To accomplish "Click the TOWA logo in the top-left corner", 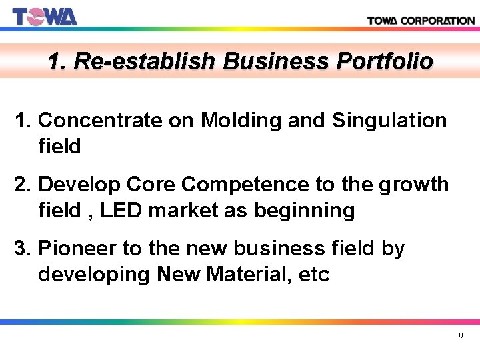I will pos(45,15).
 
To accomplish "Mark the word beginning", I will pos(302,211).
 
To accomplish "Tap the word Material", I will pos(254,274).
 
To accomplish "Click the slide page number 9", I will pos(460,337).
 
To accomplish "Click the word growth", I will pos(414,185).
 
